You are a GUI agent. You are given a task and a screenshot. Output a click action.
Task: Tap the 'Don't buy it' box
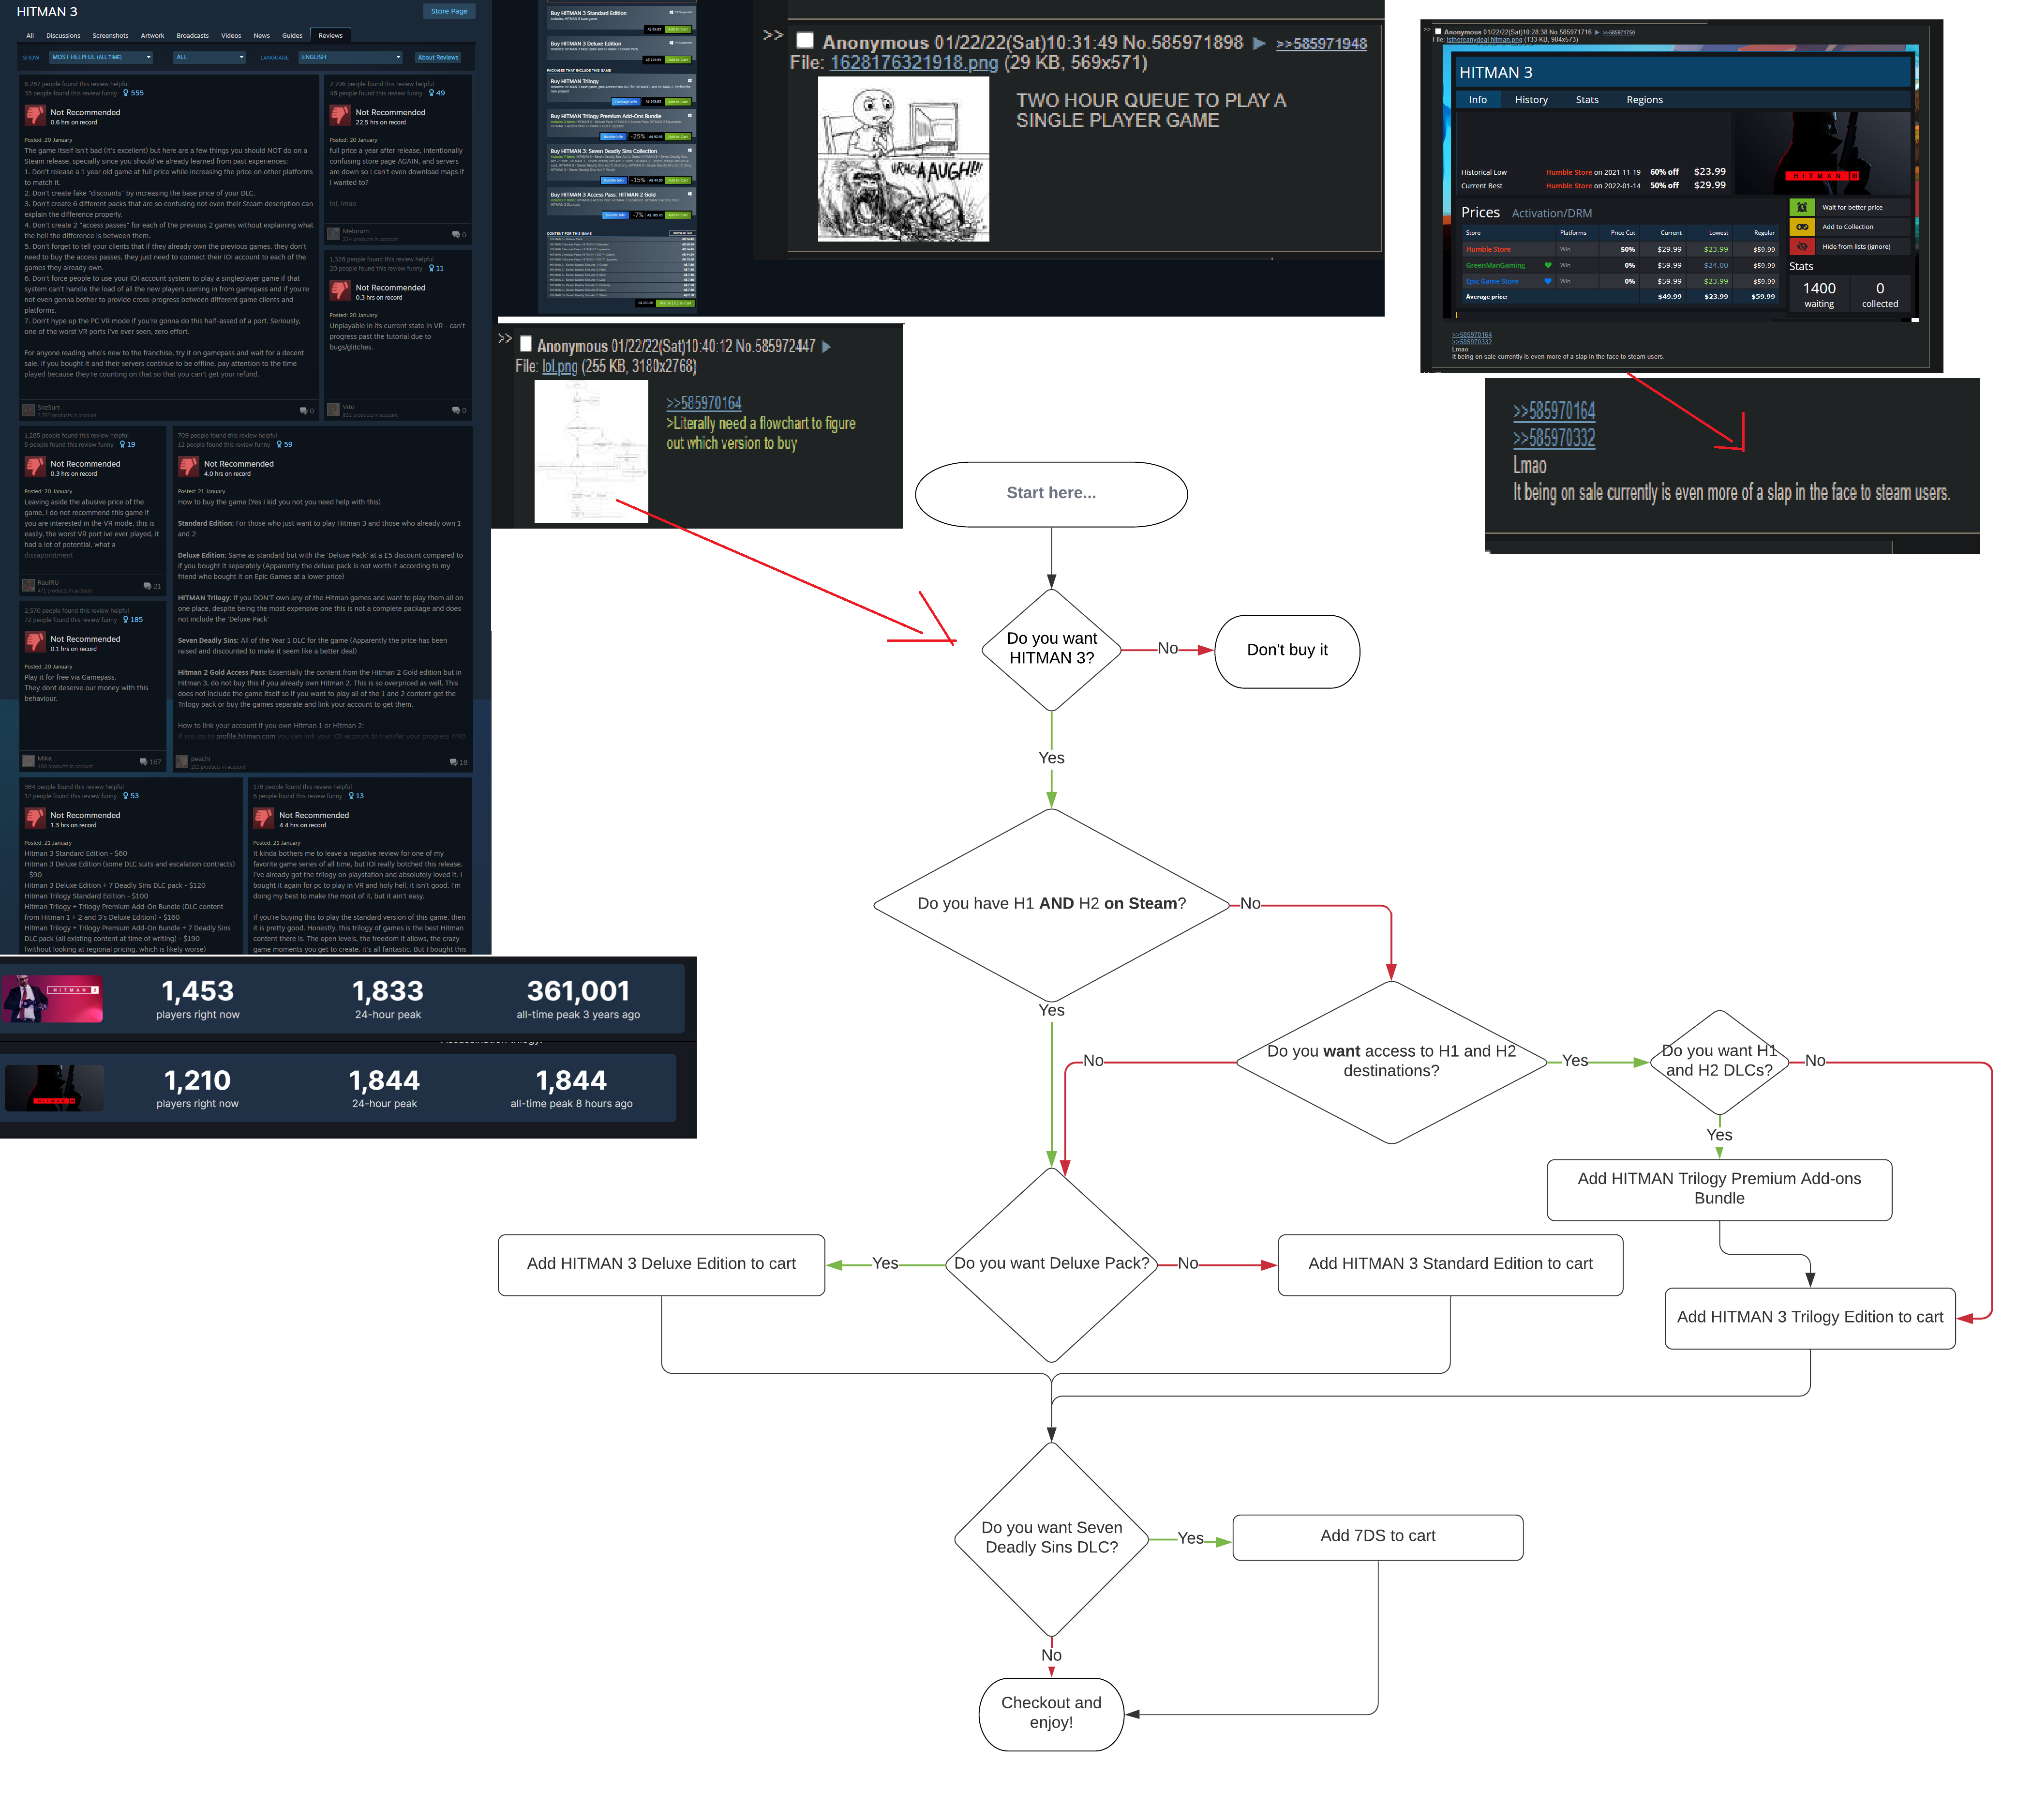1286,651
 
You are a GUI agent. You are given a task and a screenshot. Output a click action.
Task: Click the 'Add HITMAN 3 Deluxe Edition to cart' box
661,1264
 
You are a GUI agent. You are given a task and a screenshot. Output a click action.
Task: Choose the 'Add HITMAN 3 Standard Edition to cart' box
1449,1264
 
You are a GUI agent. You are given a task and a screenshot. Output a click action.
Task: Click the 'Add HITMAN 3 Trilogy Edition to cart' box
1809,1318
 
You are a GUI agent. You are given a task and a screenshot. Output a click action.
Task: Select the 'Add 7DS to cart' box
1377,1536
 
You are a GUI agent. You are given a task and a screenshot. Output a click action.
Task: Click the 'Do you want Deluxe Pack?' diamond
1051,1264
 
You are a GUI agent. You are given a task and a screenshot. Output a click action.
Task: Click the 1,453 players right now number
198,991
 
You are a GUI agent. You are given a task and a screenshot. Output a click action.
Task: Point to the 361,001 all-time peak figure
578,991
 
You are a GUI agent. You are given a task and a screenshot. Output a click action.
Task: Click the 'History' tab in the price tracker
1531,99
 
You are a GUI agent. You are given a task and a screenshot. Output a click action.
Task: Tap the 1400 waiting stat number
1818,289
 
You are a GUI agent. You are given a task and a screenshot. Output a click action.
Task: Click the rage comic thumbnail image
903,159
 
